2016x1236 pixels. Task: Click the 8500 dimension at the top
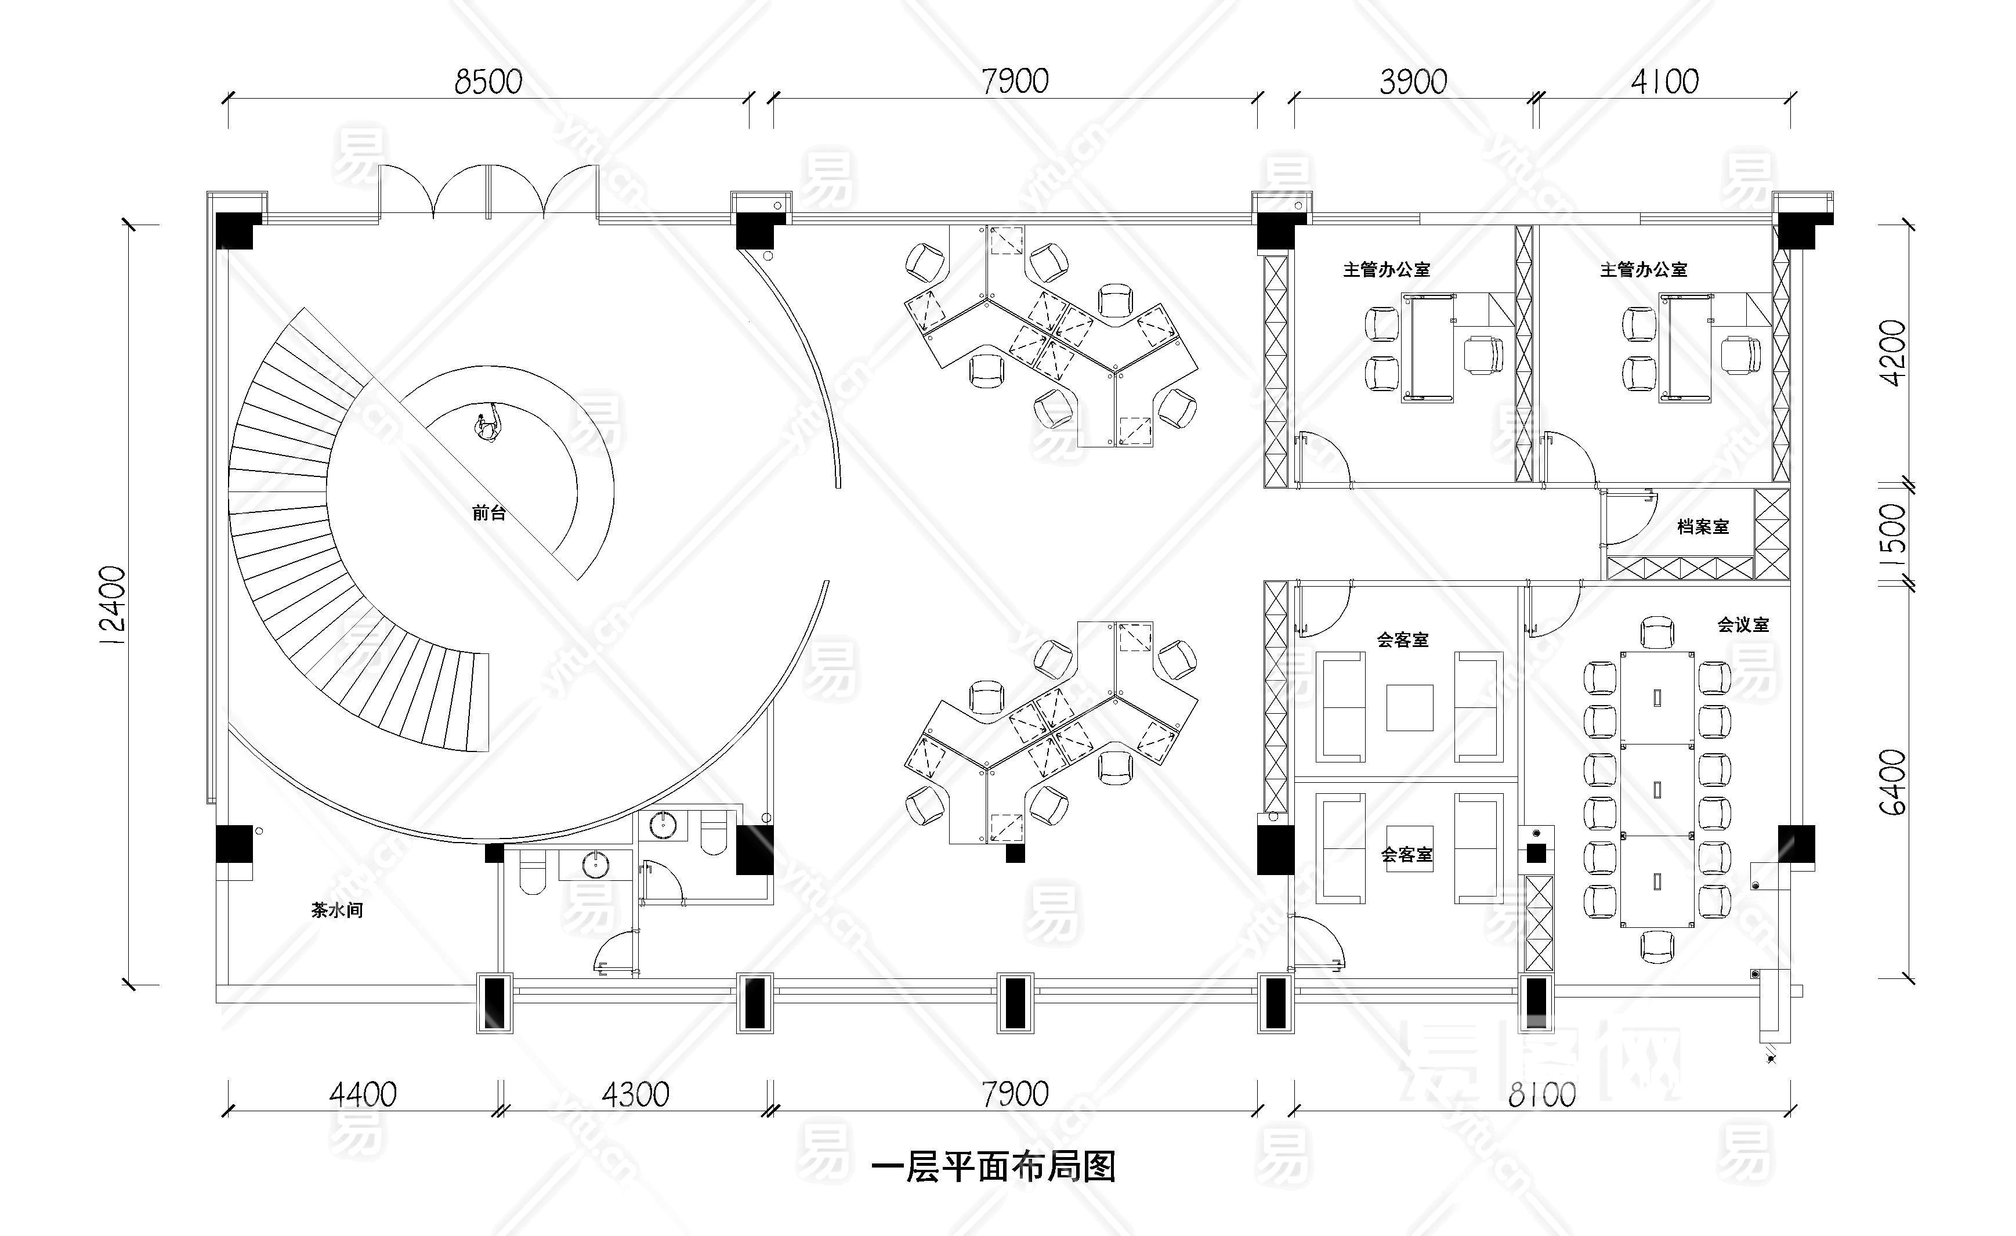pos(488,82)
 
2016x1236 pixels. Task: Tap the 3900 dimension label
pos(1413,82)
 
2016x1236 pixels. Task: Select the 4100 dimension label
pos(1664,82)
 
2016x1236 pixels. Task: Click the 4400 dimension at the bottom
pos(363,1094)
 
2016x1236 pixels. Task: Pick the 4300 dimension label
pos(636,1094)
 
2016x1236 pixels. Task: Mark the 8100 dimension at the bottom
pos(1541,1094)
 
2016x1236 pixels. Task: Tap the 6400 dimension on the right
pos(1893,782)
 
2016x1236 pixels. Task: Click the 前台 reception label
pos(489,513)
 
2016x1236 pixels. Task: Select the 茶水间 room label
pos(337,910)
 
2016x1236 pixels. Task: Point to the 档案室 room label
pos(1703,527)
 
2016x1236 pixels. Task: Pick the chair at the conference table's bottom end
pos(1657,946)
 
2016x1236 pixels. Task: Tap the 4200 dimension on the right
pos(1893,352)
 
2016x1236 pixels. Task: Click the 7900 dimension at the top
pos(1015,82)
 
